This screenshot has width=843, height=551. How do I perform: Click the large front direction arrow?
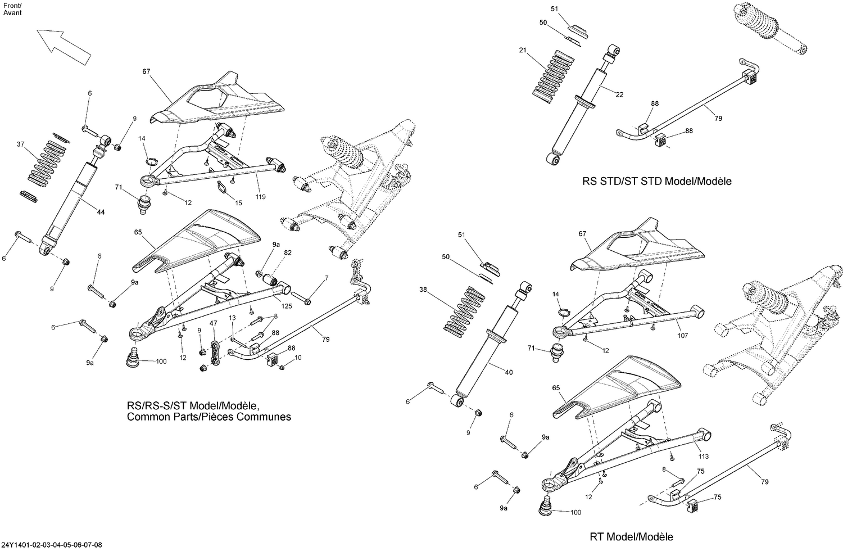[x=63, y=45]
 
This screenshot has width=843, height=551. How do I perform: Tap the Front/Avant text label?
[x=12, y=9]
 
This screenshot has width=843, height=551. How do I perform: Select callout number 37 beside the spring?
[x=21, y=144]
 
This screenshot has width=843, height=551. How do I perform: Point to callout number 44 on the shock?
[x=101, y=212]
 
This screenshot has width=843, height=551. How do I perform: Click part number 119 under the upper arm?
[x=260, y=197]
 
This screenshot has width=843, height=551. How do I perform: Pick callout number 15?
[x=238, y=202]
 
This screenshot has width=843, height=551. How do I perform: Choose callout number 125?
[x=286, y=306]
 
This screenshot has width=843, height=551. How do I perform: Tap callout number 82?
[x=288, y=253]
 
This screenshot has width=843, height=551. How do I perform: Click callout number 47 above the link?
[x=213, y=323]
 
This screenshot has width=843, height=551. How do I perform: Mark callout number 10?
[x=298, y=358]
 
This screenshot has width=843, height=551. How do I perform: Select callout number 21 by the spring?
[x=523, y=51]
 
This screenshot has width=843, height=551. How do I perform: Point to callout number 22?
[x=619, y=94]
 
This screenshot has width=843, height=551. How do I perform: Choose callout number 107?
[x=682, y=337]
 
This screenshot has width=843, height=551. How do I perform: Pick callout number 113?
[x=704, y=457]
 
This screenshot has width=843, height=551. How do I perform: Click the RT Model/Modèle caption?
[x=631, y=536]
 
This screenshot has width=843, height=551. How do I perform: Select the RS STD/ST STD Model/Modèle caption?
[x=657, y=182]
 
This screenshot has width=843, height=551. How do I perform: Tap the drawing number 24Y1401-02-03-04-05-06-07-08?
[x=53, y=545]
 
